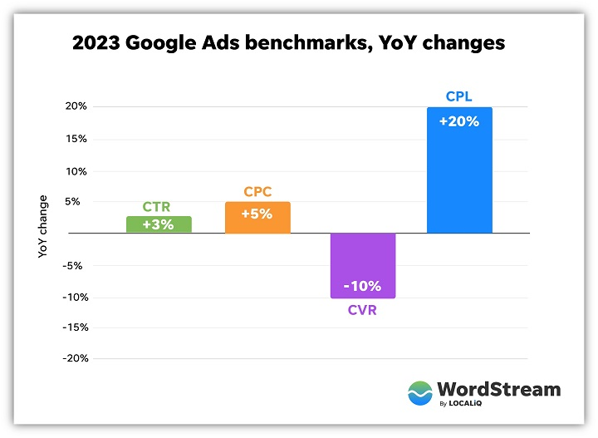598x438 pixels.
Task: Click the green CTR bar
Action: [x=159, y=224]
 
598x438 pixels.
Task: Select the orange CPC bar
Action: [x=257, y=218]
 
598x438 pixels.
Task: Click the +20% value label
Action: [x=459, y=121]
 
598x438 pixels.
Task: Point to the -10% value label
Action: [x=363, y=287]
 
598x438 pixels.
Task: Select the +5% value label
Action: [x=257, y=214]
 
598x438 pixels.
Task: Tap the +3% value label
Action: [x=159, y=225]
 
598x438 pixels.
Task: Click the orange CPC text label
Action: [x=257, y=192]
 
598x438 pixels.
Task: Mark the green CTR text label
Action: [x=159, y=207]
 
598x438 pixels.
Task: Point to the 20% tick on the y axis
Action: [x=76, y=106]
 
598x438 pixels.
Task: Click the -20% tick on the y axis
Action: [x=74, y=358]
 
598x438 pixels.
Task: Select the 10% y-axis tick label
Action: [x=76, y=171]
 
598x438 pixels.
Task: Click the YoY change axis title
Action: [x=43, y=226]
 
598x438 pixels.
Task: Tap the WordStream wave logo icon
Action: [x=421, y=393]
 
